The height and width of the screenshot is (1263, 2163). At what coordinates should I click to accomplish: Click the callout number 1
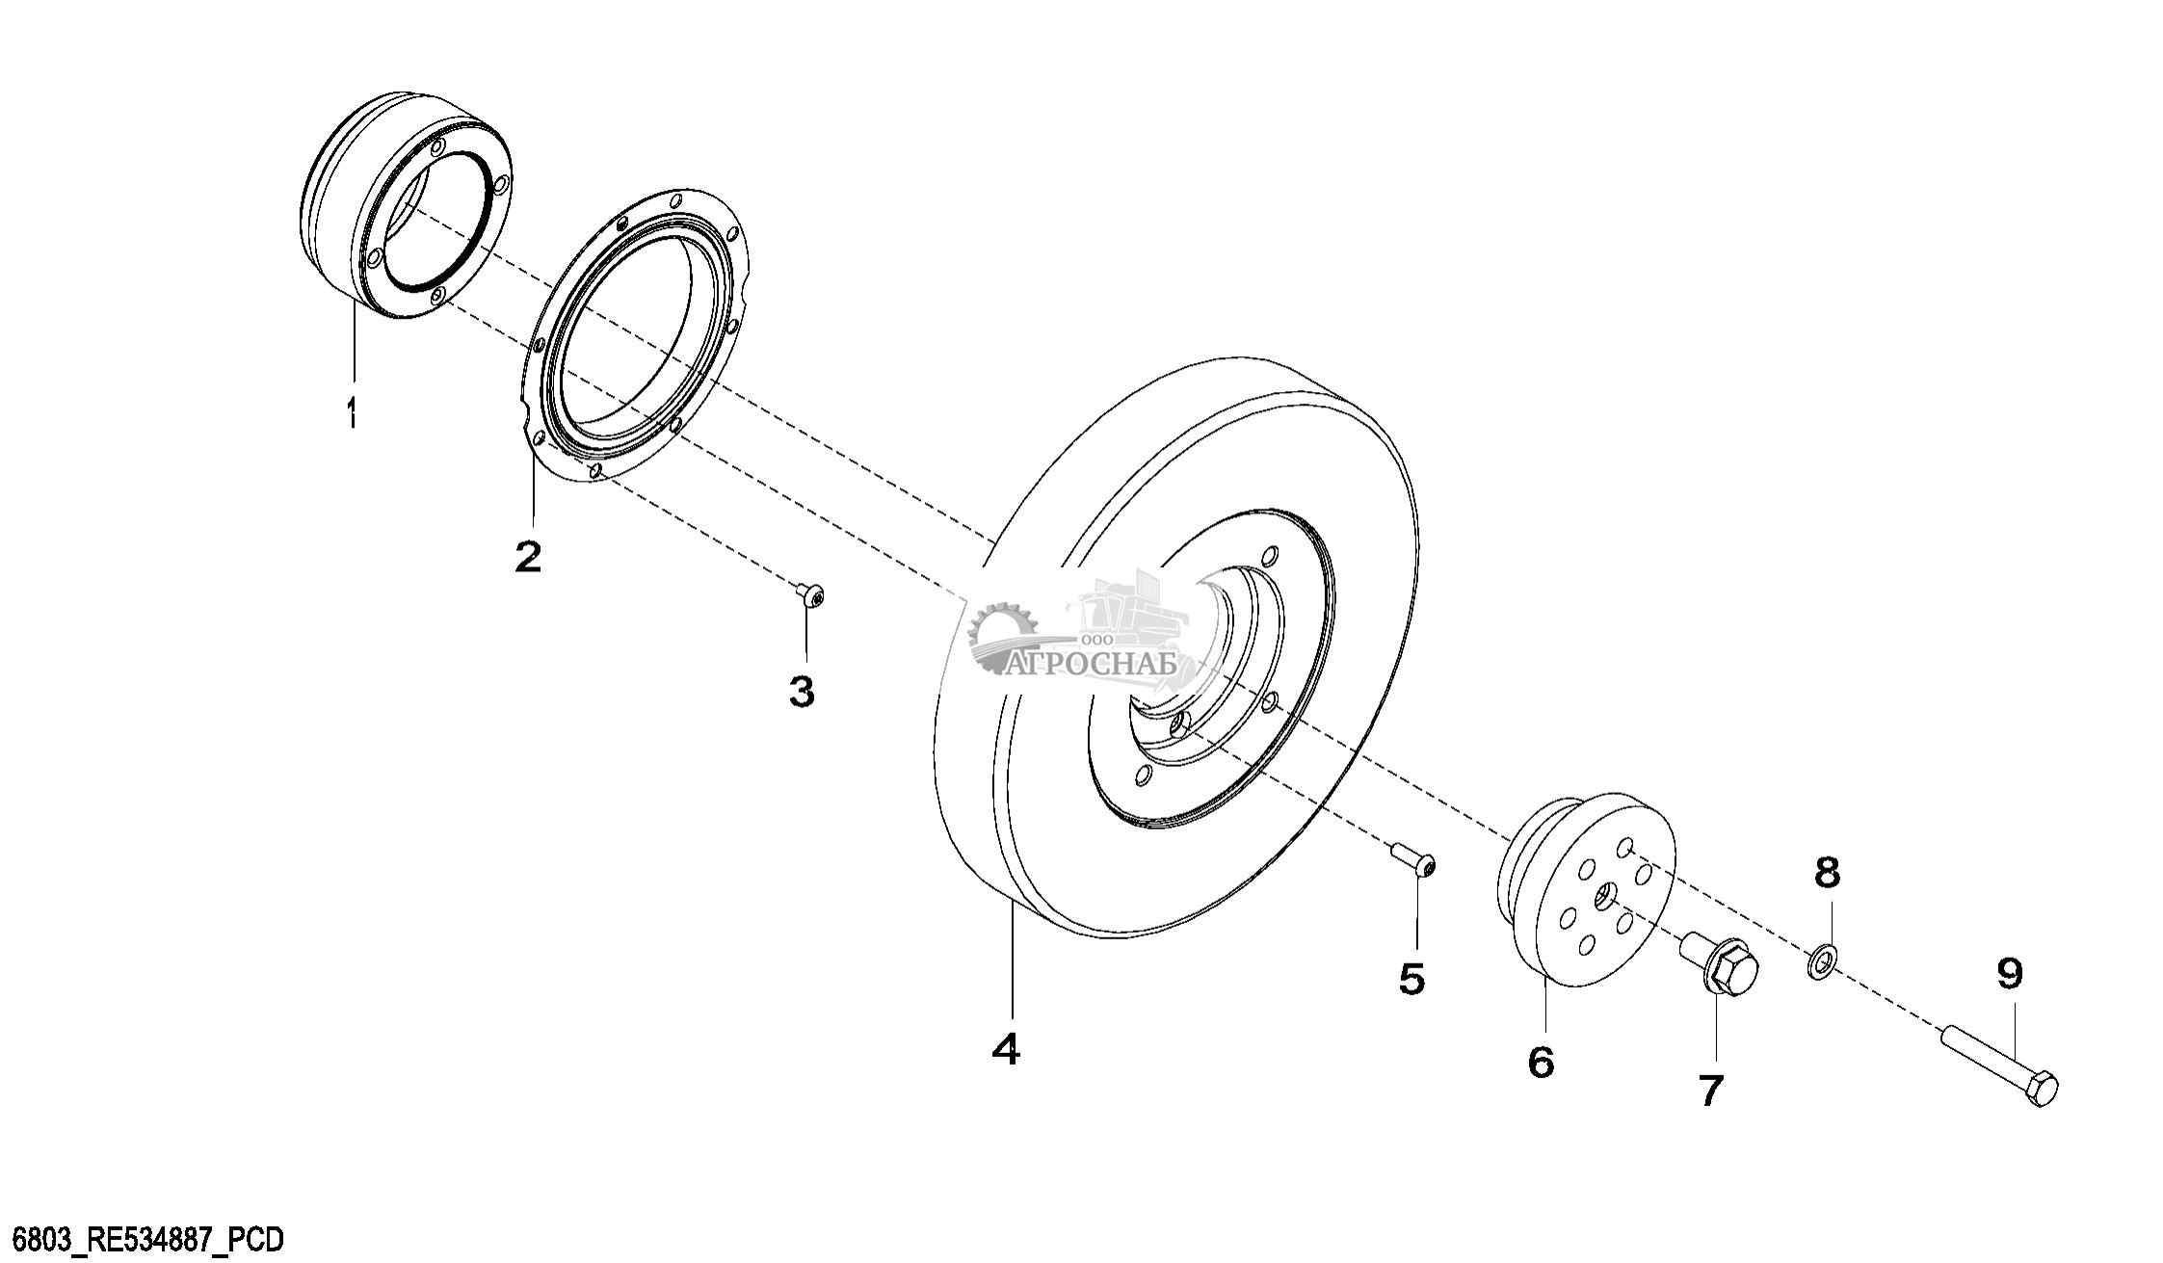pyautogui.click(x=352, y=411)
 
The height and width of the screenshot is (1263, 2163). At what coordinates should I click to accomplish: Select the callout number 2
pyautogui.click(x=528, y=556)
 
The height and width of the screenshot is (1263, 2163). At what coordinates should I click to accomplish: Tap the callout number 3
pyautogui.click(x=802, y=691)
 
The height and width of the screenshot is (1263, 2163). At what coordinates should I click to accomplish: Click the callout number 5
pyautogui.click(x=1411, y=978)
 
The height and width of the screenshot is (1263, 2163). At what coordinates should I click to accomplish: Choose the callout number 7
pyautogui.click(x=1710, y=1091)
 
